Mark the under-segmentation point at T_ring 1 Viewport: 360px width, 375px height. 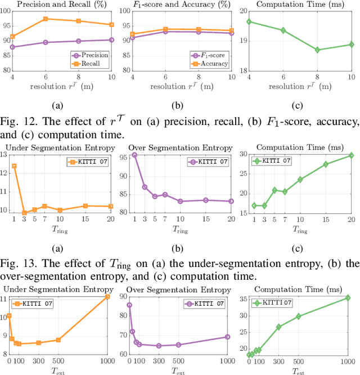[x=14, y=166]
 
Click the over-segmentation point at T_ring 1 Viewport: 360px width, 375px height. [x=134, y=155]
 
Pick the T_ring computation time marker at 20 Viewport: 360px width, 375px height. [x=351, y=155]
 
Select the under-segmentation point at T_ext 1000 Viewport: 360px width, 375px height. [x=108, y=296]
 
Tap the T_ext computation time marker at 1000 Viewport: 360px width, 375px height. [x=348, y=298]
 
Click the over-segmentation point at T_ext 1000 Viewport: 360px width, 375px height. [x=227, y=337]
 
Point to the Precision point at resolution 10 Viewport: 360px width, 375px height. [x=111, y=40]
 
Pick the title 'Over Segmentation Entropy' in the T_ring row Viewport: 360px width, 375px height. [x=178, y=148]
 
